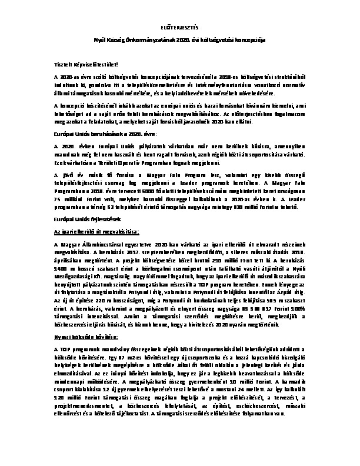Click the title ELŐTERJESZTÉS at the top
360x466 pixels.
tap(180, 26)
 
